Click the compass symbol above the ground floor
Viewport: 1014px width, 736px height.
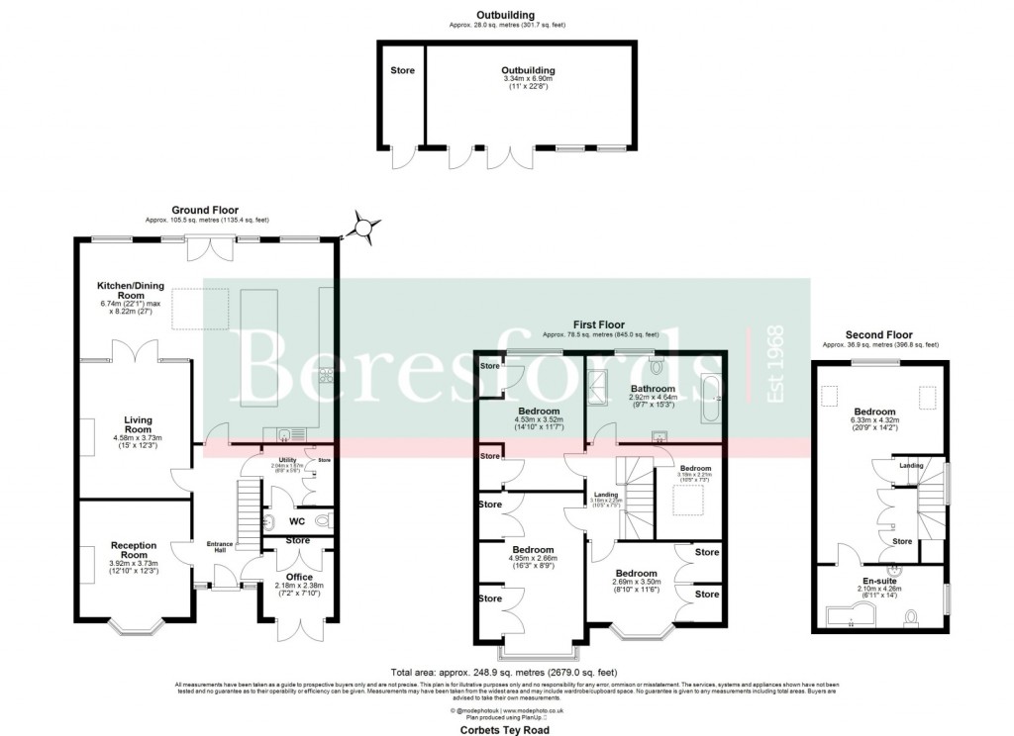tap(362, 230)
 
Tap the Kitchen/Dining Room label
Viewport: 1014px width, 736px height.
tap(117, 289)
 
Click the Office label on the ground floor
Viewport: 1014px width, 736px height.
tap(298, 576)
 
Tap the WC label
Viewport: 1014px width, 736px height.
tap(296, 520)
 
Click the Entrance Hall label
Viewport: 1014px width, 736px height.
tap(218, 547)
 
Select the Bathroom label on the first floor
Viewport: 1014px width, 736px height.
tap(654, 389)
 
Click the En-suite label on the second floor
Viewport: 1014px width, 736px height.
tap(879, 581)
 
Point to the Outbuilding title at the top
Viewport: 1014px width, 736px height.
tap(505, 16)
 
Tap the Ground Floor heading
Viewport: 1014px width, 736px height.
tap(206, 210)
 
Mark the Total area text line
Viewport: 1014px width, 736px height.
tap(505, 672)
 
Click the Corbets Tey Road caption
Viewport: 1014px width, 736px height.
tap(506, 728)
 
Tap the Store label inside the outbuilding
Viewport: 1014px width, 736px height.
tap(402, 70)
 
